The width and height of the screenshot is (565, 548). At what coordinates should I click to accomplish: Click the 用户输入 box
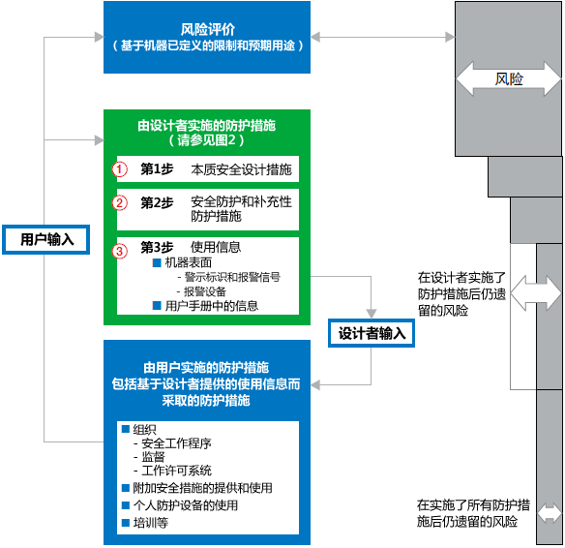click(46, 238)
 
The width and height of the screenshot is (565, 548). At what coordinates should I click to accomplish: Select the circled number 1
click(121, 168)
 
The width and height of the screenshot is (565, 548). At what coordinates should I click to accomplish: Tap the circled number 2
click(121, 203)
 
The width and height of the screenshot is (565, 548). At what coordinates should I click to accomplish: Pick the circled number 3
click(121, 251)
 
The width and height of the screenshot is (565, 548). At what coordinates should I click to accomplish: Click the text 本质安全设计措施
click(241, 169)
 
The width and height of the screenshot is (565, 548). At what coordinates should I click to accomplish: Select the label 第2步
click(157, 203)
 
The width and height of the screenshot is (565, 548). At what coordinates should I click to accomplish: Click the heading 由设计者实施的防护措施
click(207, 125)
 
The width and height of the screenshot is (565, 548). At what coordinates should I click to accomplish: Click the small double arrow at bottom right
click(550, 512)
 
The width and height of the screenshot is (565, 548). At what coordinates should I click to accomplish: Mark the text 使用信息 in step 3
click(216, 247)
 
